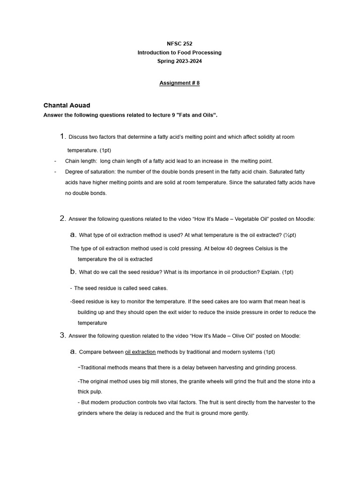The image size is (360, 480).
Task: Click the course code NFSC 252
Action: pos(180,44)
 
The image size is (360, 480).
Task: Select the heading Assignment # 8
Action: pos(180,83)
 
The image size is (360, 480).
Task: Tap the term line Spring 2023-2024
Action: pos(180,61)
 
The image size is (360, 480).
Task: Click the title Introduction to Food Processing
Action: pos(180,52)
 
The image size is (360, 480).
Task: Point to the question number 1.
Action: pos(63,136)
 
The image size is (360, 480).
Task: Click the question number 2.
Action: pos(63,218)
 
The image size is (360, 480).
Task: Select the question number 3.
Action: pos(63,335)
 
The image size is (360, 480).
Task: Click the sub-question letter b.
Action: pos(73,271)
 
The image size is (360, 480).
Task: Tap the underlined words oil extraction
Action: pos(140,352)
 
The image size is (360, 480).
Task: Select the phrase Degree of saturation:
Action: pos(91,172)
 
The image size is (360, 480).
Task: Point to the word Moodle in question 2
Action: pos(305,219)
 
